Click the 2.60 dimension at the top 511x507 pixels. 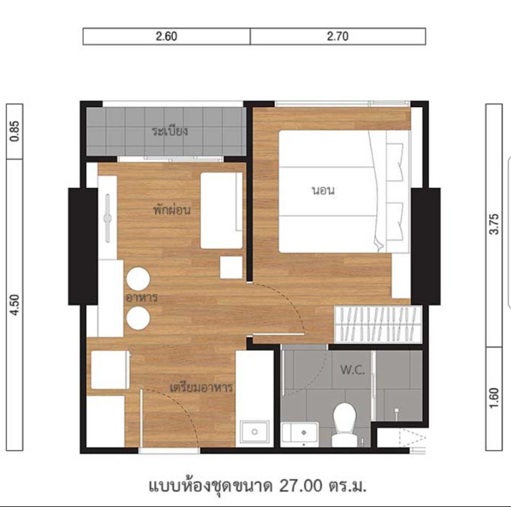(x=167, y=36)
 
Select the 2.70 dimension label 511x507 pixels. (x=338, y=36)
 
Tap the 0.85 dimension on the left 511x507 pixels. (x=15, y=131)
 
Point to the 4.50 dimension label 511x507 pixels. (x=15, y=305)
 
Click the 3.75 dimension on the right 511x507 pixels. (x=494, y=224)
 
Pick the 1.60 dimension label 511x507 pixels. (x=494, y=398)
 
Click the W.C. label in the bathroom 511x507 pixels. (x=352, y=370)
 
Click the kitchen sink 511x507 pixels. (x=254, y=432)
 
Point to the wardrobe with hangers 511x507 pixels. (x=378, y=324)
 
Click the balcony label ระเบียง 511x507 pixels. (x=170, y=131)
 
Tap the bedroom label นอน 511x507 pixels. (x=323, y=190)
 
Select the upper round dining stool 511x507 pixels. (x=138, y=279)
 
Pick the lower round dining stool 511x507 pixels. (x=138, y=318)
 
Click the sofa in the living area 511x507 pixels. (x=222, y=211)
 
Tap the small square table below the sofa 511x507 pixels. (x=231, y=268)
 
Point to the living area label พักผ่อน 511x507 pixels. (x=172, y=210)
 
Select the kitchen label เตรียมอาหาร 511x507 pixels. (x=201, y=388)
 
